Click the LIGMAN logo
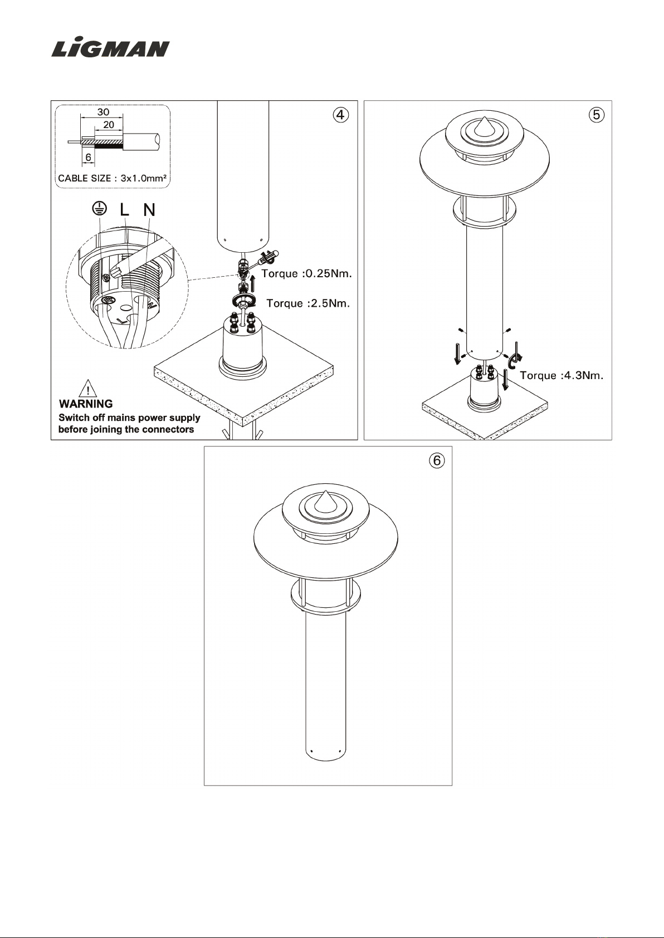(x=111, y=48)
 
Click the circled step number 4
(x=340, y=115)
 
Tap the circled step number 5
(x=597, y=115)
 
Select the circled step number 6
(x=437, y=460)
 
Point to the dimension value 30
(x=103, y=112)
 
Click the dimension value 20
(x=109, y=124)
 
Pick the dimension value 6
(x=89, y=158)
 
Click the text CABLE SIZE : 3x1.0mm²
(x=113, y=178)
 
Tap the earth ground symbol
(x=100, y=208)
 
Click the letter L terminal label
(x=124, y=209)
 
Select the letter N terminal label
(x=149, y=210)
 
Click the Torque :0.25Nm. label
(x=307, y=274)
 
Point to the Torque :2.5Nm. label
(x=308, y=303)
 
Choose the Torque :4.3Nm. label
(x=562, y=375)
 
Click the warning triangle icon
(x=87, y=388)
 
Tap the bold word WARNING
(x=86, y=404)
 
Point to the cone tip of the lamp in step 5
(x=484, y=118)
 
